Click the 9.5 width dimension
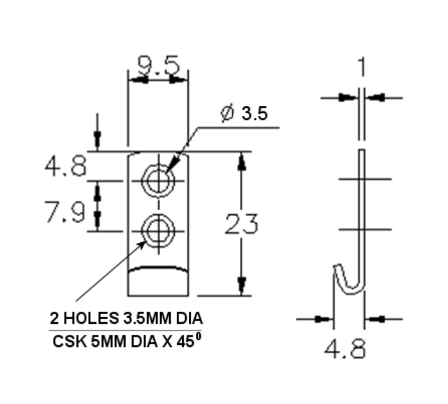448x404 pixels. [x=158, y=65]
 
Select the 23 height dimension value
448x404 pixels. [x=241, y=224]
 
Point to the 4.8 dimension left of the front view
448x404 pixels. [x=64, y=167]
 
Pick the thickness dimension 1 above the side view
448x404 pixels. [x=362, y=67]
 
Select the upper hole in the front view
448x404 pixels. [x=157, y=180]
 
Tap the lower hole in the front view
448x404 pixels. [x=157, y=230]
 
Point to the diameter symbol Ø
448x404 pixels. [x=227, y=114]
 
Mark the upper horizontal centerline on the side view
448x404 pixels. [x=364, y=180]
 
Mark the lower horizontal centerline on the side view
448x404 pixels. [x=364, y=229]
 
